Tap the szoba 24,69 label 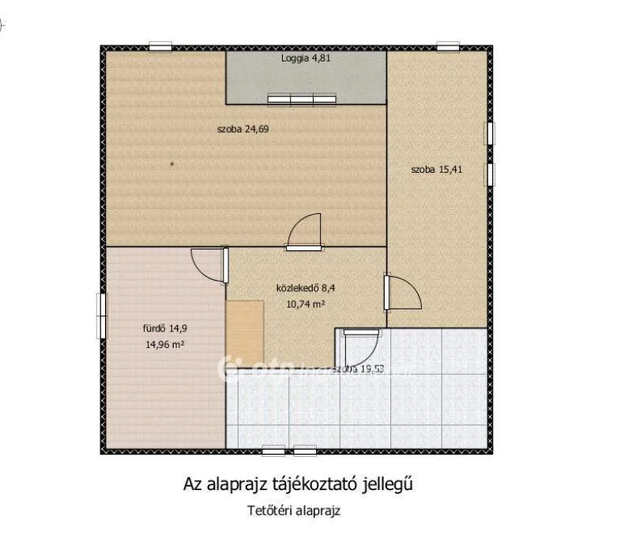point(243,129)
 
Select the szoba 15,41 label point(435,168)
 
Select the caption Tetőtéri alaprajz point(293,511)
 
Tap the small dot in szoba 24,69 point(171,164)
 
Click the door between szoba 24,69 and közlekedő point(304,234)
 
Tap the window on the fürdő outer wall point(101,316)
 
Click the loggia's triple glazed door point(302,99)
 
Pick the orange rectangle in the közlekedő point(245,331)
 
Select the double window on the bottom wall point(289,452)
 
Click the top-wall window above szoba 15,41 point(447,47)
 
